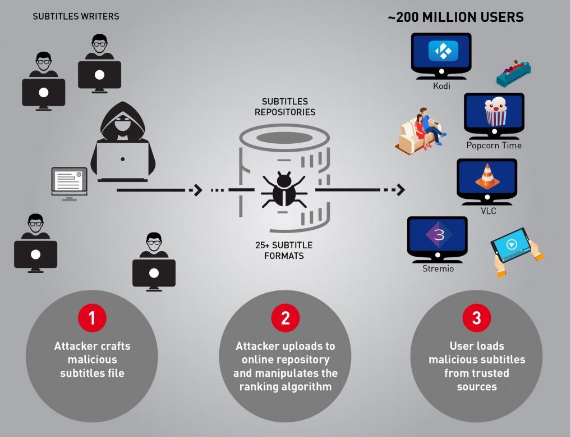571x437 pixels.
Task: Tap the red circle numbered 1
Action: click(91, 318)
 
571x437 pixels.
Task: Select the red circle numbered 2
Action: click(285, 318)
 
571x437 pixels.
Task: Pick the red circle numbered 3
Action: click(476, 318)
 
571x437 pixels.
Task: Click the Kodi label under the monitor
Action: click(441, 86)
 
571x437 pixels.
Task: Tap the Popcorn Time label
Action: click(494, 145)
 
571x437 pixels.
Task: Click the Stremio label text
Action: click(438, 268)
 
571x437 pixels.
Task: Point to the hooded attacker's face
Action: click(122, 125)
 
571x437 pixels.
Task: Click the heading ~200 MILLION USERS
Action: click(455, 17)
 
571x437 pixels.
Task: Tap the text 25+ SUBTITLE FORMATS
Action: click(284, 251)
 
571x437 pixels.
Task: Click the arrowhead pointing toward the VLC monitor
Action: click(399, 190)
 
